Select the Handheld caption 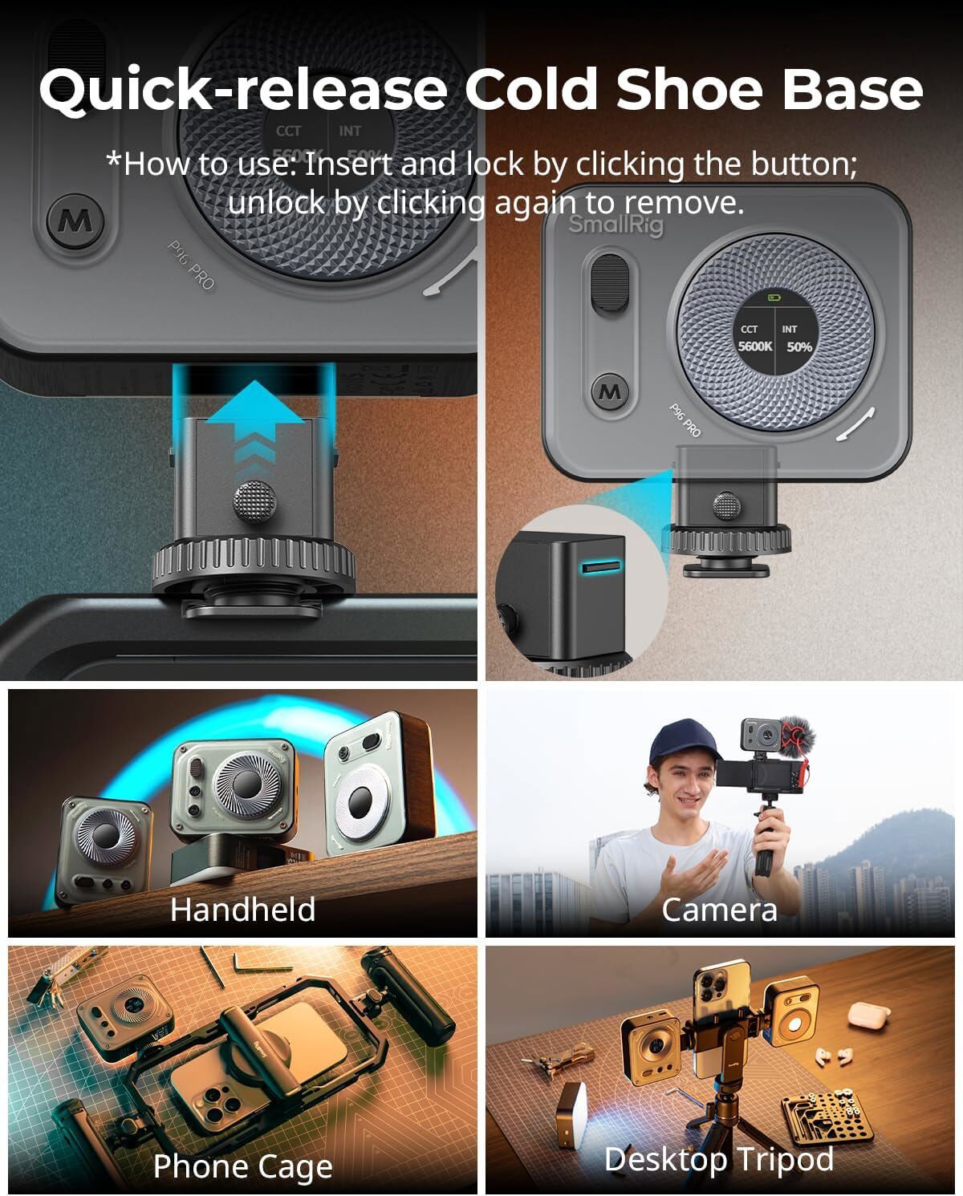click(242, 910)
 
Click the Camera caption click(719, 910)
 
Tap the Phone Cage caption click(242, 1166)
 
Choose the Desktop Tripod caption click(719, 1160)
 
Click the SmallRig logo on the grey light click(616, 225)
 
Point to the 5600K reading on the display click(755, 347)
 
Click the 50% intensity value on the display click(799, 347)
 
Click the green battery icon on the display click(773, 298)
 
